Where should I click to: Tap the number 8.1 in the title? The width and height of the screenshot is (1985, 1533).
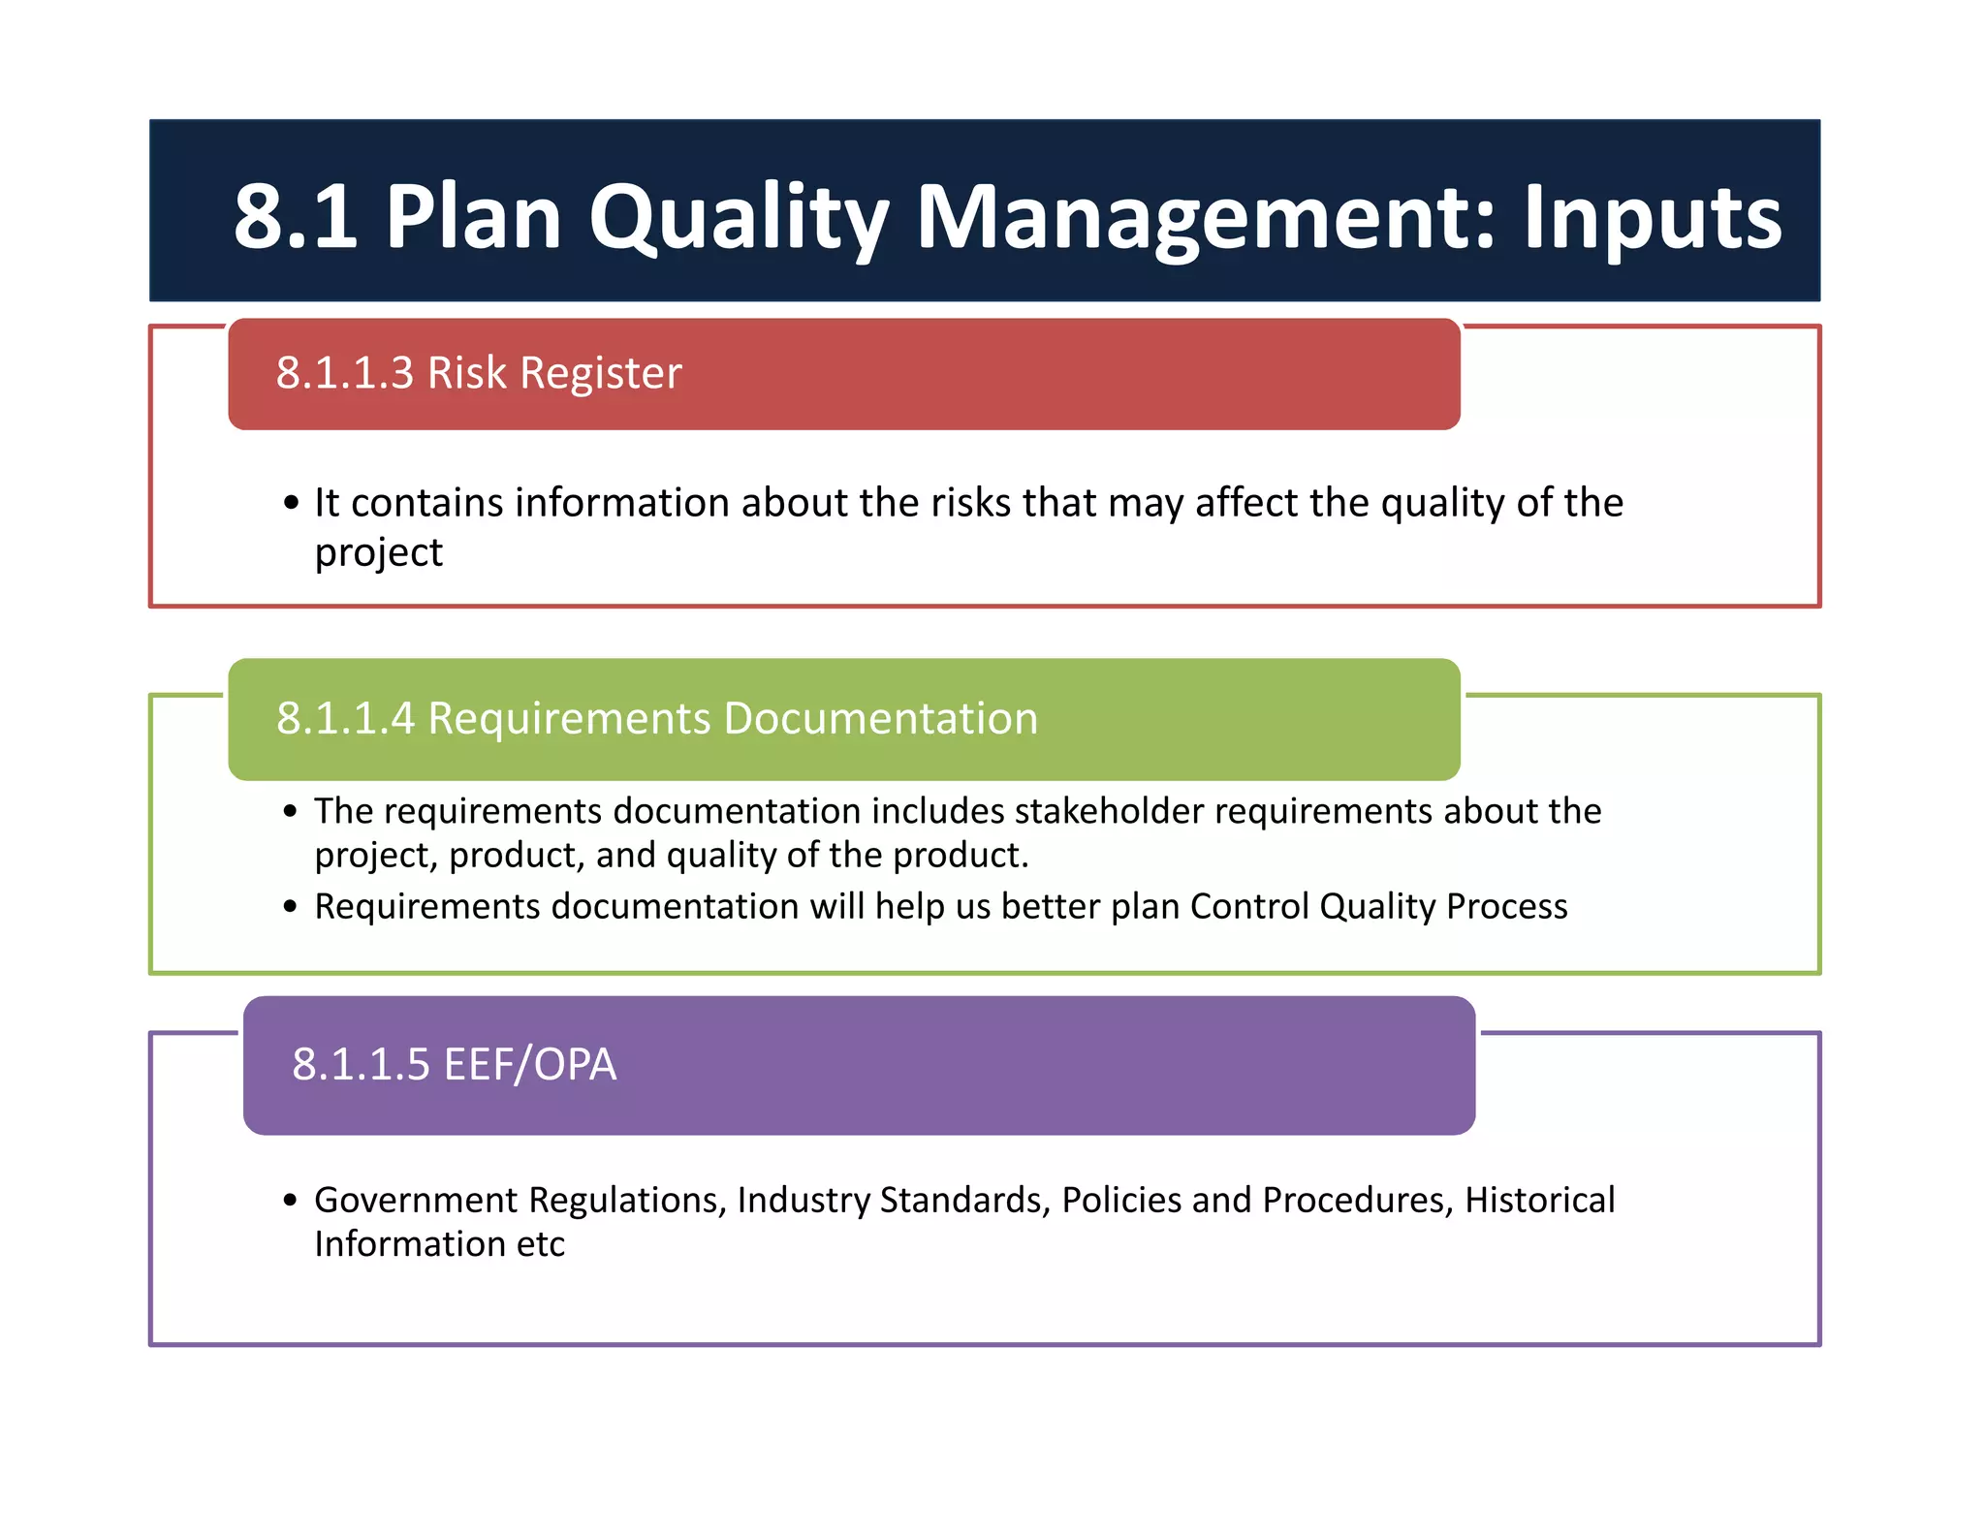coord(295,216)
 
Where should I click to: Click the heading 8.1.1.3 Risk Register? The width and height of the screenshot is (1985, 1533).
coord(479,373)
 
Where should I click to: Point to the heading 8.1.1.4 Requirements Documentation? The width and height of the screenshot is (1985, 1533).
coord(657,718)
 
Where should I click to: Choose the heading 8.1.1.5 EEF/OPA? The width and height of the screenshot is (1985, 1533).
coord(454,1064)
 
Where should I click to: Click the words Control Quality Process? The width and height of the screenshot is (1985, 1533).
coord(1378,906)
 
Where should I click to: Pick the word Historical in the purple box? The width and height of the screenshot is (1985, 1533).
coord(1539,1200)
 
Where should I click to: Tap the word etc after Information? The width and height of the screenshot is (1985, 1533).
coord(540,1244)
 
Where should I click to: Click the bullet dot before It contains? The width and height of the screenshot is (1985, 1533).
coord(291,503)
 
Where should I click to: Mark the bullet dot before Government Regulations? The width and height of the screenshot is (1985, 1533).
coord(291,1201)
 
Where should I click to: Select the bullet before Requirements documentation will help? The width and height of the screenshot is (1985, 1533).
coord(291,907)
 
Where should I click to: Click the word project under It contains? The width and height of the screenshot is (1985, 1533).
coord(378,553)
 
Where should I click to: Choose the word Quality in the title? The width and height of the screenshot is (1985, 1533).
coord(738,216)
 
